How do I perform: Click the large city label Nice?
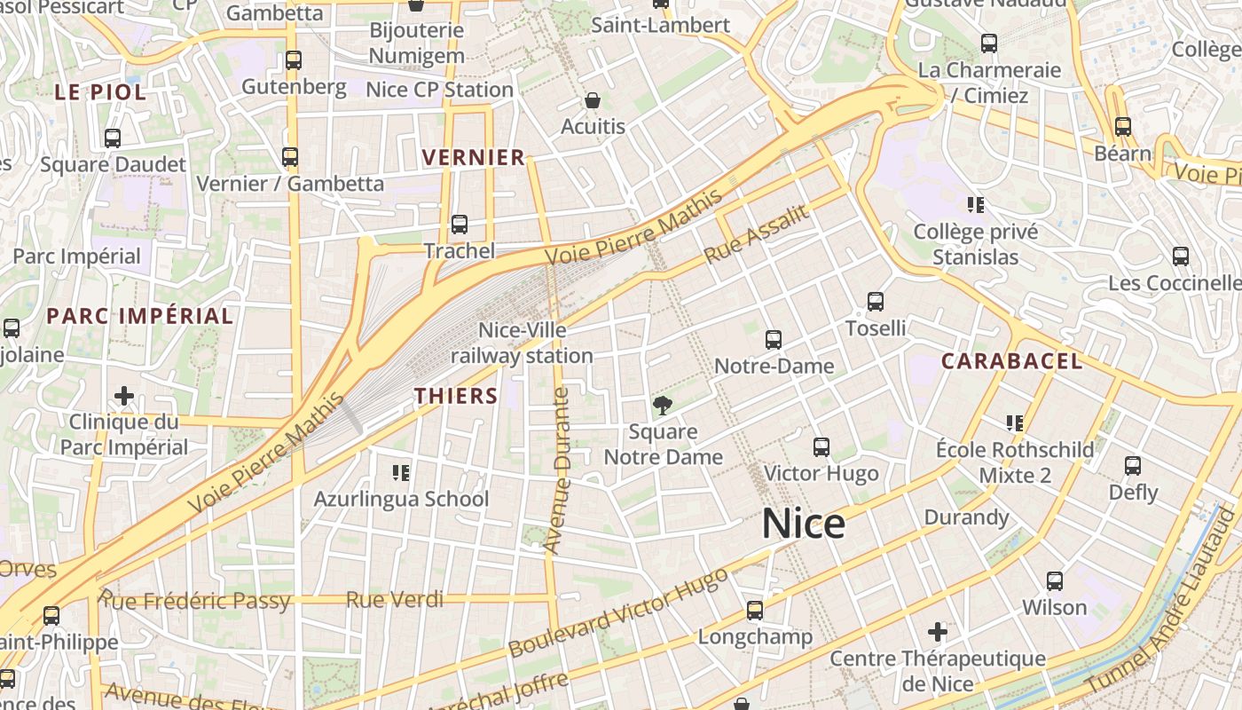coord(803,524)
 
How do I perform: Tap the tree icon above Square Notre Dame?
coord(662,406)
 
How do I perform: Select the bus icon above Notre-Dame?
coord(774,339)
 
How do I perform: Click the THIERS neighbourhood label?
coord(456,396)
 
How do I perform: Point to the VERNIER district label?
coord(474,158)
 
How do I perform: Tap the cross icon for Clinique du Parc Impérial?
coord(124,395)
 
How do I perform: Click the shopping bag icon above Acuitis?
coord(593,100)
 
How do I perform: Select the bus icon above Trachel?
coord(460,225)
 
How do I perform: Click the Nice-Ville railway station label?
coord(522,343)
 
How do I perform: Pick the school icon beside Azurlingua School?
coord(400,472)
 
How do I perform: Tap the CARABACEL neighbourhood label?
coord(1011,361)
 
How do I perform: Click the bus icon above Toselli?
coord(876,302)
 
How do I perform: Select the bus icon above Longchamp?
coord(755,611)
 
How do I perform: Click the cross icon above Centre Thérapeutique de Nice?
coord(938,632)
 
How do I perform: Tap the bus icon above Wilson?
coord(1055,581)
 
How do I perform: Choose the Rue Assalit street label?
coord(756,233)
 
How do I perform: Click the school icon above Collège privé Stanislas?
coord(976,206)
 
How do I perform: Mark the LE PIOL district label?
coord(99,91)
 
